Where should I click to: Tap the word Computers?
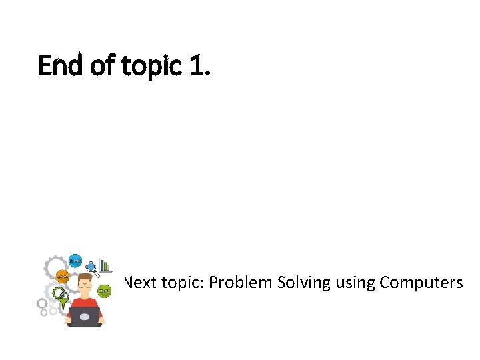coord(421,283)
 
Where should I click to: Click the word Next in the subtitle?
coord(140,283)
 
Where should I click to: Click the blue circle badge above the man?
coord(75,260)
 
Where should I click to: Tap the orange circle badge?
coord(61,275)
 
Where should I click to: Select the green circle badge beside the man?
coord(105,291)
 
